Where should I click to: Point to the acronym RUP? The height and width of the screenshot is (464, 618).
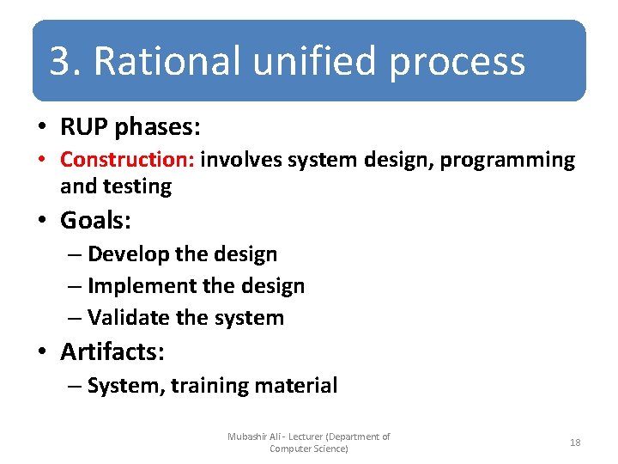coord(83,128)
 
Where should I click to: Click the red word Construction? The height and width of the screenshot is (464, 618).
coord(128,160)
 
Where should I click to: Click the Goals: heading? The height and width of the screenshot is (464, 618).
coord(95,221)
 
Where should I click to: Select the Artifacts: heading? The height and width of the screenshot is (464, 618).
coord(112,352)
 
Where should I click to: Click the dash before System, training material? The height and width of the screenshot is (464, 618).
coord(74,387)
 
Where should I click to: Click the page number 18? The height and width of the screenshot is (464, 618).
coord(575,443)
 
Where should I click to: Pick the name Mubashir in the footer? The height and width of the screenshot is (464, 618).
coord(248,437)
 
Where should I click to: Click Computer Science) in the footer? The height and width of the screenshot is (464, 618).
coord(308,449)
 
